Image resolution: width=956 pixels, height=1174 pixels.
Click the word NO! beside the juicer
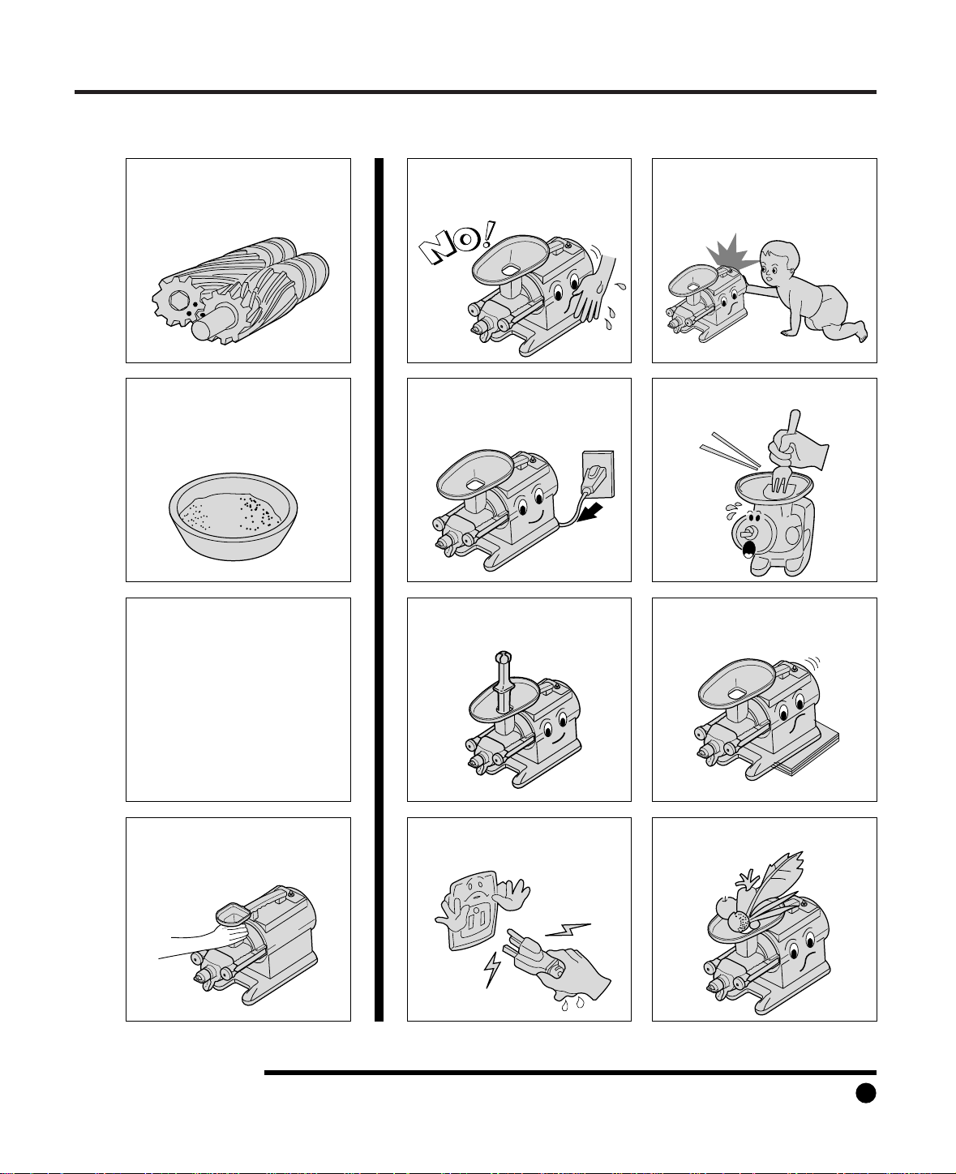pyautogui.click(x=457, y=242)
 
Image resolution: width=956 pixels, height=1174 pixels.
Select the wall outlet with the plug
pyautogui.click(x=598, y=473)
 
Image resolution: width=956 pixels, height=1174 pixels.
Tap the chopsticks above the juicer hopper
pyautogui.click(x=730, y=449)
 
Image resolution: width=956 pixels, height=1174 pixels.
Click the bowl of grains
pyautogui.click(x=234, y=516)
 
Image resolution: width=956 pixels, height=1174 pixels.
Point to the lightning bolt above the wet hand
pyautogui.click(x=568, y=929)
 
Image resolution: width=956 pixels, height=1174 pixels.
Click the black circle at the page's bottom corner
pyautogui.click(x=865, y=1092)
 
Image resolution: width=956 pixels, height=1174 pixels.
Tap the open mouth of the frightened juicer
pyautogui.click(x=749, y=549)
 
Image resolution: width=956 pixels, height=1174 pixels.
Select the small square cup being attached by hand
pyautogui.click(x=234, y=915)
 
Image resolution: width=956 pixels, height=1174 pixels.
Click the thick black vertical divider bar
pyautogui.click(x=379, y=589)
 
